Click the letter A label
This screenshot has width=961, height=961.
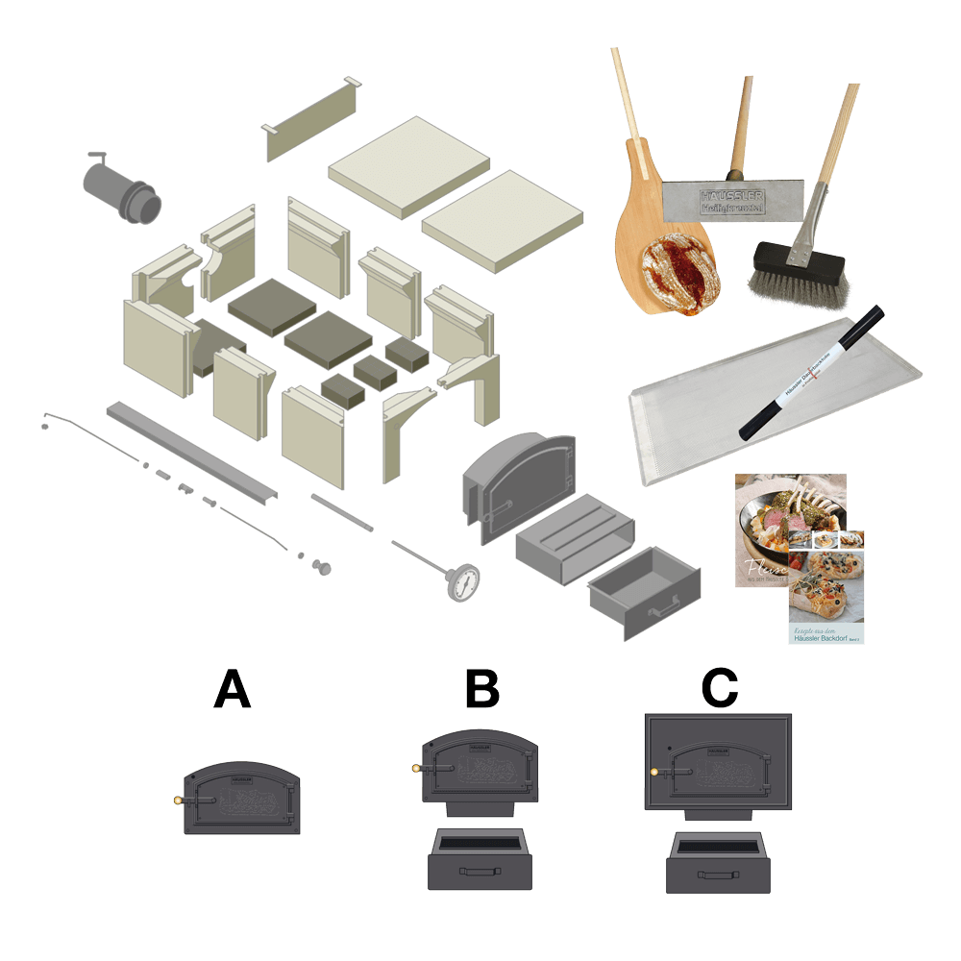(x=232, y=689)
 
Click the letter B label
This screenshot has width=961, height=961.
(x=481, y=689)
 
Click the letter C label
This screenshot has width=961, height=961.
(x=719, y=689)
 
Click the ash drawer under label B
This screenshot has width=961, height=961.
(x=481, y=860)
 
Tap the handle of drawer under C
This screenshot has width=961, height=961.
(x=718, y=876)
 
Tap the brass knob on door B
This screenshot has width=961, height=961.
(x=416, y=767)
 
